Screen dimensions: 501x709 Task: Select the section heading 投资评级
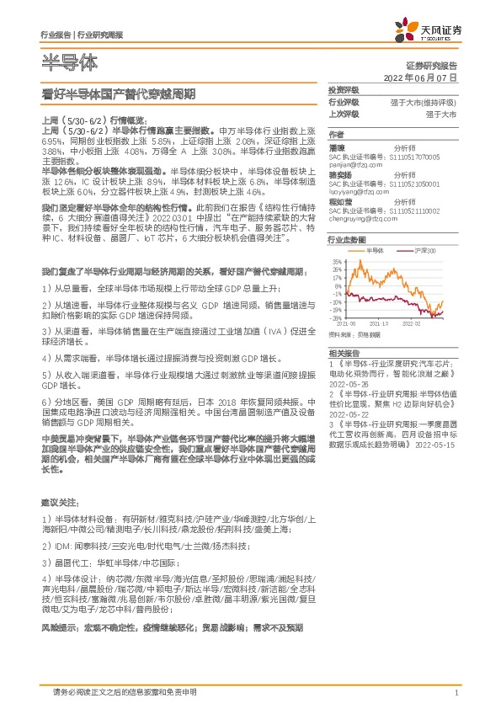[343, 90]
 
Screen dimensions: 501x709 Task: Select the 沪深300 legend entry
[402, 252]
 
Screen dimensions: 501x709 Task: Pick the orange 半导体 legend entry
[370, 252]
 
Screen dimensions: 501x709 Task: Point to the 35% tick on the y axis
[338, 263]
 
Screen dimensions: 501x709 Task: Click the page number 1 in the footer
[456, 692]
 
